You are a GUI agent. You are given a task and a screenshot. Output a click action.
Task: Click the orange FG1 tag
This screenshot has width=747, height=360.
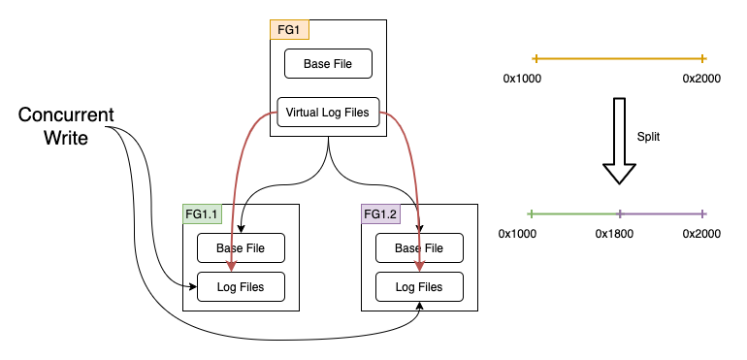289,29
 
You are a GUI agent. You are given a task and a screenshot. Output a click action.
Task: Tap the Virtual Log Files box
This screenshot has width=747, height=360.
327,113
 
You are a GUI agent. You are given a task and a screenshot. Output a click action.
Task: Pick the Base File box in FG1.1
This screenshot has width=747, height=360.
242,248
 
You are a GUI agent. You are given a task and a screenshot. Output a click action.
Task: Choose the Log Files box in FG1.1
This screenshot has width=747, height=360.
242,286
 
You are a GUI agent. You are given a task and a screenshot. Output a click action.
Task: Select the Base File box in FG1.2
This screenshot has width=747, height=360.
419,248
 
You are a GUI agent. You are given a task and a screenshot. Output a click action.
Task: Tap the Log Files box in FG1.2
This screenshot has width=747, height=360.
419,286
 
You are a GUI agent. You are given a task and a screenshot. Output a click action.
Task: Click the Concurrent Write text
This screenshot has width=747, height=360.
66,127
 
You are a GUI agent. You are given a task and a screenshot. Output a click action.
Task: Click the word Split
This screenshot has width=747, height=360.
648,138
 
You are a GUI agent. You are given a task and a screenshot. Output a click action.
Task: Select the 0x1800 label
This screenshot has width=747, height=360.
614,234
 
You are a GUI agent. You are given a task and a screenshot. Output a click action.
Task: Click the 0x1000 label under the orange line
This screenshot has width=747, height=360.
522,78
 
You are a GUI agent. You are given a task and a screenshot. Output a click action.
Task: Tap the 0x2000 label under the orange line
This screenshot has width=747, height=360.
701,78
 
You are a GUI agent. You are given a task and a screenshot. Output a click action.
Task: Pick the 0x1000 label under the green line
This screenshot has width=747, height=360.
517,234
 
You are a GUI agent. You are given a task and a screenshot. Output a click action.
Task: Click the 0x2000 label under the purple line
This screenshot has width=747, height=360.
701,234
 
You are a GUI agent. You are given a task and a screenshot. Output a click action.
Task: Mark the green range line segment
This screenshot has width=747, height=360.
574,213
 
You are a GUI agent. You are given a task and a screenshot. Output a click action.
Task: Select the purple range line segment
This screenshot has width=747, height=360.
662,213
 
